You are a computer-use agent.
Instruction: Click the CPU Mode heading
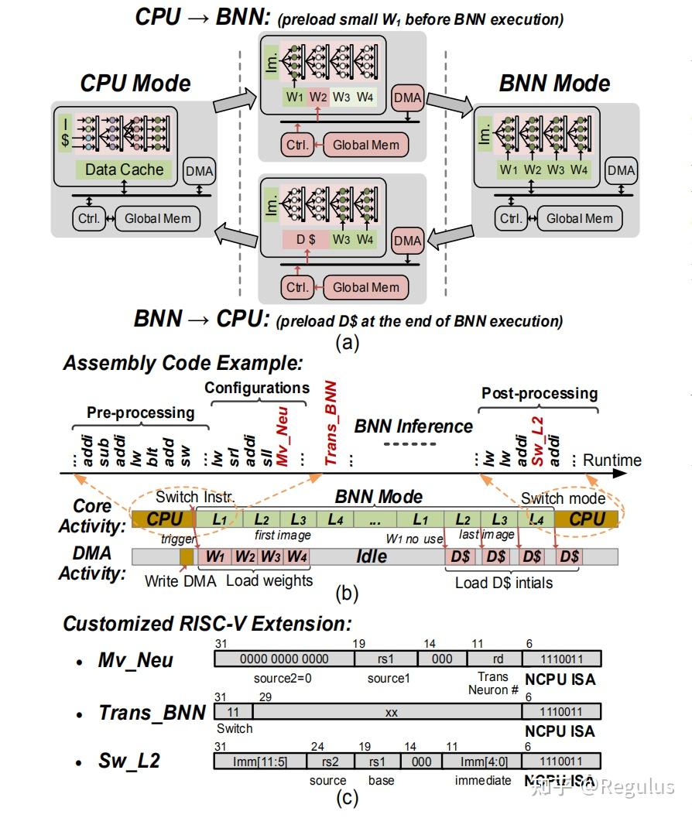click(135, 84)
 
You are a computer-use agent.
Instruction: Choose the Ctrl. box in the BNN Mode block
click(511, 218)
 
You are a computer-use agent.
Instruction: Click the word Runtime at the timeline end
click(612, 460)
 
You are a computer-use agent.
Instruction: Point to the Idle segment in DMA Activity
click(372, 556)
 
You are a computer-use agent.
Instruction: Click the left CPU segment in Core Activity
click(163, 519)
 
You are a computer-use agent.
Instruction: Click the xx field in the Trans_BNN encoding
click(391, 713)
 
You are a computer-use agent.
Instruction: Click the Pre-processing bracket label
click(140, 412)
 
